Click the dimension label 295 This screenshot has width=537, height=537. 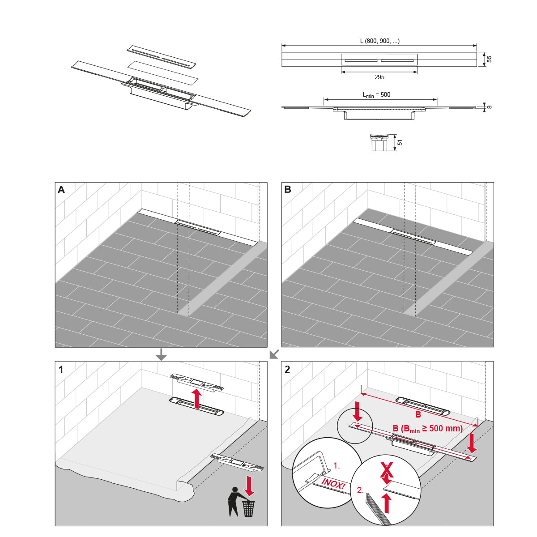click(379, 77)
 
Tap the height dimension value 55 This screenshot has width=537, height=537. click(489, 59)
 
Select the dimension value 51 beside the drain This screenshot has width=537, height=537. click(400, 142)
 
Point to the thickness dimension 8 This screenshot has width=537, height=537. click(489, 107)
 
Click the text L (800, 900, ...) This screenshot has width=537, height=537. click(379, 41)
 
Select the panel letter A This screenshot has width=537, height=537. click(61, 190)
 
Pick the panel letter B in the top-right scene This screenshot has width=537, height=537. click(288, 190)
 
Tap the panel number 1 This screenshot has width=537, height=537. click(61, 369)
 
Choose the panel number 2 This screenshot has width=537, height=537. click(287, 369)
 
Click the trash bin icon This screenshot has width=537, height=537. click(248, 508)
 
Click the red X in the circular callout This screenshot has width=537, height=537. click(387, 470)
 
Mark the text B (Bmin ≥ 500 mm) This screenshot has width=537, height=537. click(427, 429)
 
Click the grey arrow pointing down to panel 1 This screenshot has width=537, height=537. click(161, 355)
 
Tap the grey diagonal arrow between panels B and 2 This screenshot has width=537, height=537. click(274, 354)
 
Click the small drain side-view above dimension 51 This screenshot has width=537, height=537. click(379, 143)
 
